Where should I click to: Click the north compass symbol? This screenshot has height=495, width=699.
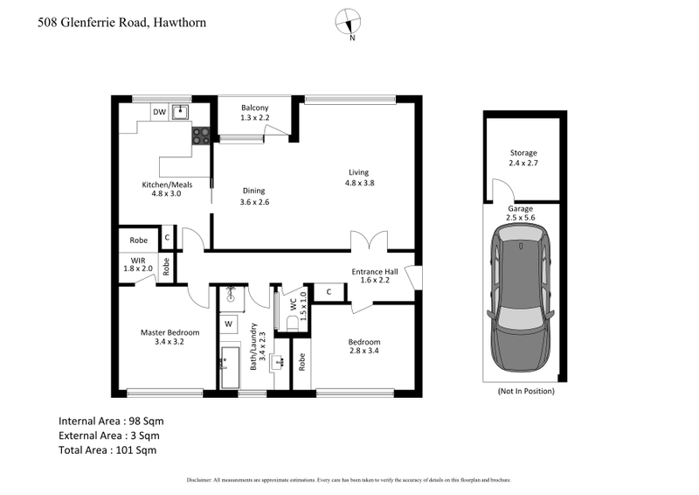point(351,22)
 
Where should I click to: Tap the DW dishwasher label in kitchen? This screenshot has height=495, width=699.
point(159,112)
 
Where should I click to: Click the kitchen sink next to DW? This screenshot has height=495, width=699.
point(181,112)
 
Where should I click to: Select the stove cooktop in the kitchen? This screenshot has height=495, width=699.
point(201,136)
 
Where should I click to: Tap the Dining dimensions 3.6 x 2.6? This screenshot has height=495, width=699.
point(253,202)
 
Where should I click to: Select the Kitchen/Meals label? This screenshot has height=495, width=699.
point(167,185)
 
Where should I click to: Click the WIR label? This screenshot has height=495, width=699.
point(138,260)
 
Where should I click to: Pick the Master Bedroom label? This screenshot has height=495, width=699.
point(170,332)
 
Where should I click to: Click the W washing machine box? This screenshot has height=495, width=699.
point(228,324)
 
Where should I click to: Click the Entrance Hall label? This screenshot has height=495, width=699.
point(375,272)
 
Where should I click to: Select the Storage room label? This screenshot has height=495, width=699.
point(523,153)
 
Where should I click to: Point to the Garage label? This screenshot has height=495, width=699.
point(521,209)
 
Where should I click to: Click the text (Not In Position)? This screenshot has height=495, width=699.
point(525,391)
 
